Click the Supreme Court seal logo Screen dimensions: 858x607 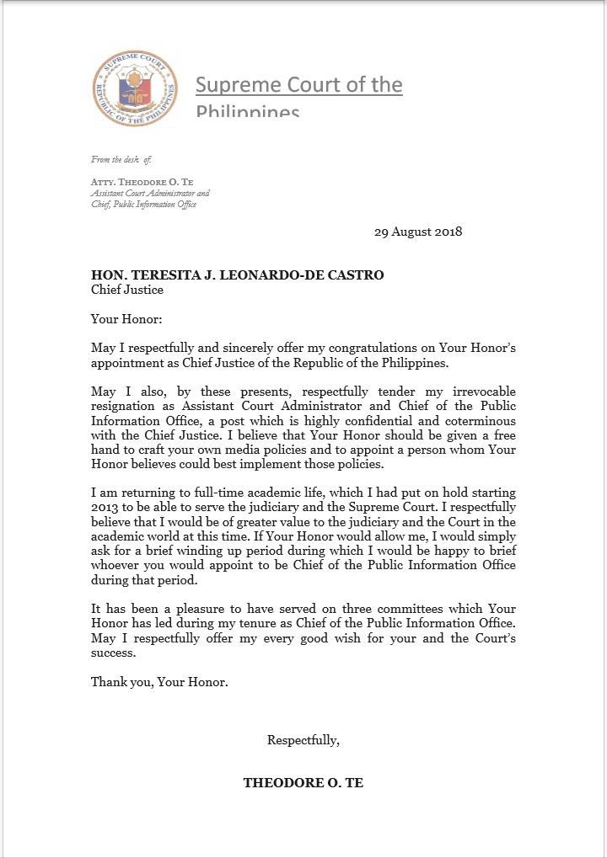(x=135, y=88)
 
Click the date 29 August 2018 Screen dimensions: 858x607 (x=418, y=232)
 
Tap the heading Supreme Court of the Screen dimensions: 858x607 (x=298, y=85)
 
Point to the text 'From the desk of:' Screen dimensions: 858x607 (x=121, y=159)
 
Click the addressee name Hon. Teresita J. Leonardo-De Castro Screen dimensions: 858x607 (x=238, y=274)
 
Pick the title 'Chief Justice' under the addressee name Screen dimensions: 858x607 (x=127, y=290)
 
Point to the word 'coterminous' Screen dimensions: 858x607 (x=478, y=421)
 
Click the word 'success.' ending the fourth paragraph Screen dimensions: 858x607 (x=115, y=653)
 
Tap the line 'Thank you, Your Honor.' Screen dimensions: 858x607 (x=159, y=682)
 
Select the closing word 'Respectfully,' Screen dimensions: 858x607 (x=303, y=740)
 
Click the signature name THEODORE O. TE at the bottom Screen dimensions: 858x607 (x=303, y=782)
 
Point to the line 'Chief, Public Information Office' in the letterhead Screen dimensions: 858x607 (x=143, y=205)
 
